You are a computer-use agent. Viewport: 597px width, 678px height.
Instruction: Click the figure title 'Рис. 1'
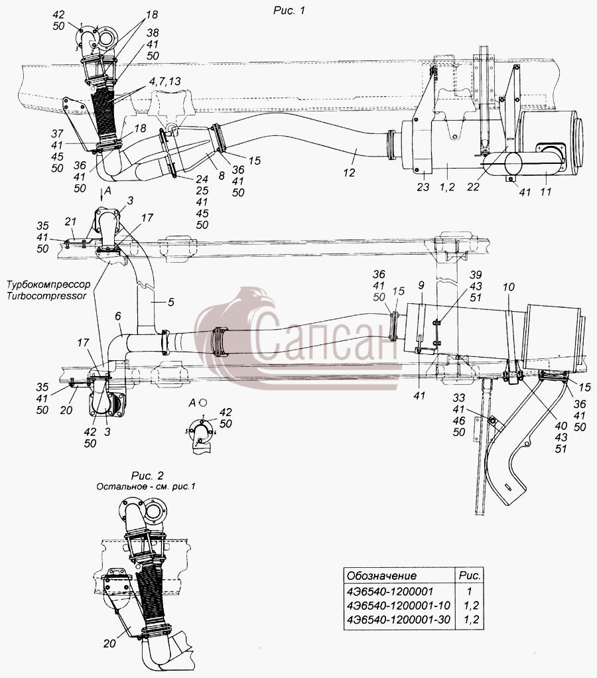click(289, 11)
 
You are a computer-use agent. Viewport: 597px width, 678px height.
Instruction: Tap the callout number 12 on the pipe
click(349, 172)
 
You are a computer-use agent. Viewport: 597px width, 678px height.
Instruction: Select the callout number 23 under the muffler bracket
click(423, 187)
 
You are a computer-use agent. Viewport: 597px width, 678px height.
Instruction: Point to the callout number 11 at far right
click(546, 191)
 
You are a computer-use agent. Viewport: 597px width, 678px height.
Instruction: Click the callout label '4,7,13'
click(163, 82)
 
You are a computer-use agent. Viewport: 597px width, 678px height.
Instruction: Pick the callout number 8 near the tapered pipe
click(222, 175)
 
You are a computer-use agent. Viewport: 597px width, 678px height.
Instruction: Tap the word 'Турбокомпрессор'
click(49, 285)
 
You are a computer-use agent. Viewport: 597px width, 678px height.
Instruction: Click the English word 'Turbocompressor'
click(46, 296)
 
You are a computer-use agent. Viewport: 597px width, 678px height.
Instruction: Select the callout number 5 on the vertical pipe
click(171, 302)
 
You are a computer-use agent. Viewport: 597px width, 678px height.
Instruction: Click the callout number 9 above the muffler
click(421, 285)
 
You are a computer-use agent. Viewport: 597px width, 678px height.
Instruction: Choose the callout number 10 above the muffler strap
click(509, 287)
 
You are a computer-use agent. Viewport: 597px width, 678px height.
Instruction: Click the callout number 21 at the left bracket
click(70, 222)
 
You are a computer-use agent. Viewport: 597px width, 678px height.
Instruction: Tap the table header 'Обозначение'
click(381, 576)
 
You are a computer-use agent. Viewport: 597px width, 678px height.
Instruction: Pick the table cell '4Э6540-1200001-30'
click(399, 620)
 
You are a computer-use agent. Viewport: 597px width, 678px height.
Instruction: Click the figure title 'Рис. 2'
click(147, 476)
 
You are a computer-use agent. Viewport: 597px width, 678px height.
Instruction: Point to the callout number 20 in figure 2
click(109, 644)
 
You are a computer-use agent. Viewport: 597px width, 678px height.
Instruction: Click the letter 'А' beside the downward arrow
click(107, 190)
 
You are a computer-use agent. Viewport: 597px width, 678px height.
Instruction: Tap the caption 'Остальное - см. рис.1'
click(146, 486)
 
